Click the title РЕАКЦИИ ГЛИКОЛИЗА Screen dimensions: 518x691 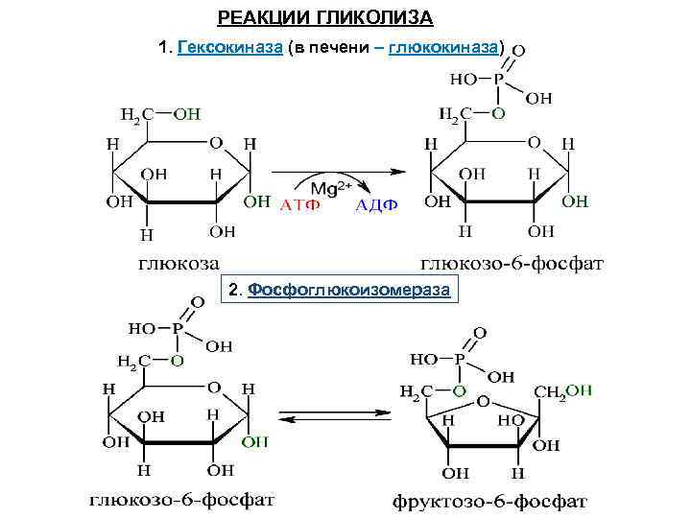click(324, 18)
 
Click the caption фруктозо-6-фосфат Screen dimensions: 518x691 click(490, 501)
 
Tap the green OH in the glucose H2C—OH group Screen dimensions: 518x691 click(186, 113)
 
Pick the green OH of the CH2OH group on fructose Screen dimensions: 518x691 click(579, 391)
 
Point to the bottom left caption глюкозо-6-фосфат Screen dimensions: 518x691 click(181, 500)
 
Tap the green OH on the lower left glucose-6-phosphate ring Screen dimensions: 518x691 click(254, 442)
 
